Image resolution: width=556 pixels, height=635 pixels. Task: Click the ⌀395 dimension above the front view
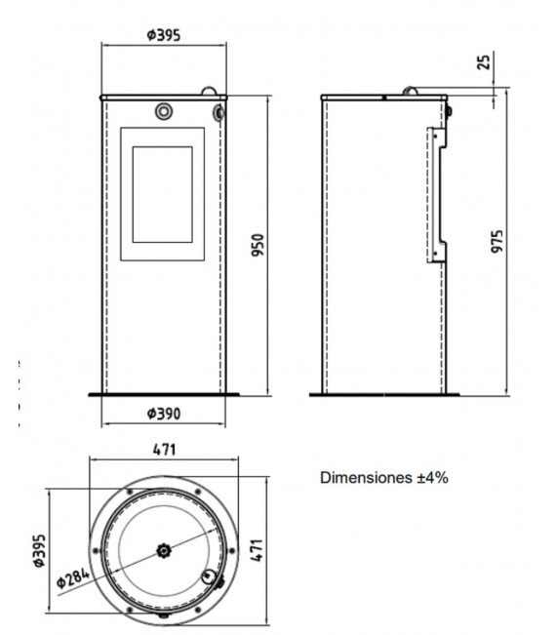click(x=163, y=35)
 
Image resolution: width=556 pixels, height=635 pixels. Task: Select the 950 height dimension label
click(x=258, y=245)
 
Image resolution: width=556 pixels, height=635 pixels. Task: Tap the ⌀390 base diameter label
click(x=163, y=414)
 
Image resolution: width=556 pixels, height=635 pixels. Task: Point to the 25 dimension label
click(x=484, y=61)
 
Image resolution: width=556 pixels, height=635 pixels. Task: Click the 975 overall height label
click(x=496, y=241)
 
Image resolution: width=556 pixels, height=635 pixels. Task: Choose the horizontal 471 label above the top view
click(x=165, y=450)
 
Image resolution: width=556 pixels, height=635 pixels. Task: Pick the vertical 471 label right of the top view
click(x=257, y=550)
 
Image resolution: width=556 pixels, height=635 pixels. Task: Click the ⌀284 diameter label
click(x=73, y=578)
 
